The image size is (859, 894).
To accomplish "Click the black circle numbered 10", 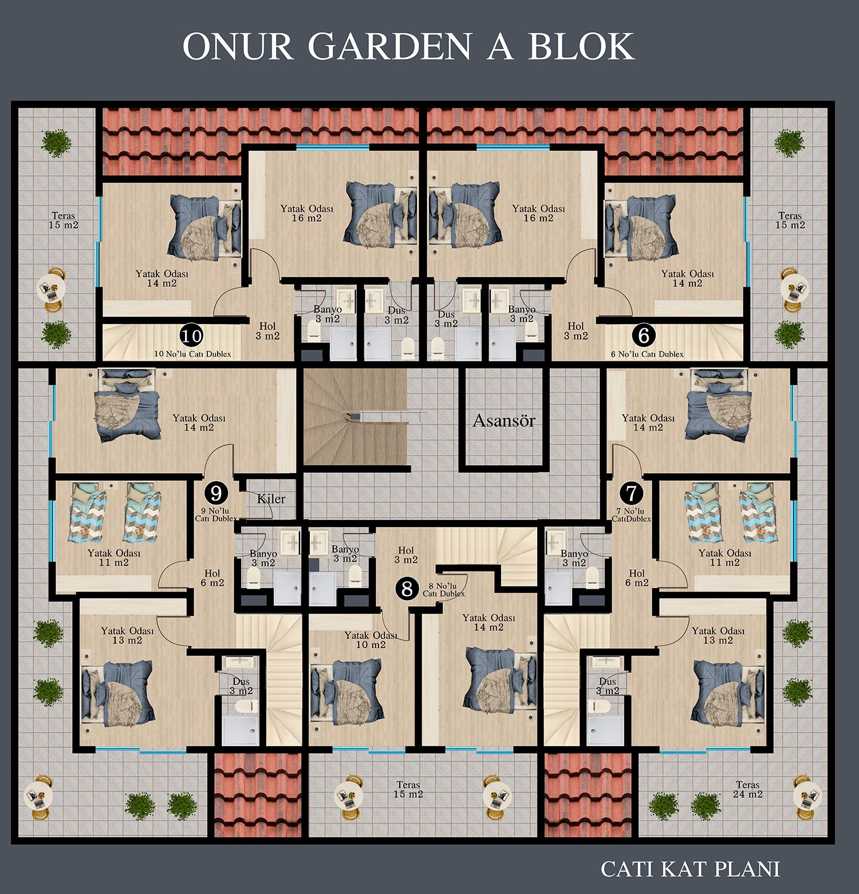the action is pyautogui.click(x=191, y=336).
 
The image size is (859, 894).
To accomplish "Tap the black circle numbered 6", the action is pyautogui.click(x=644, y=335).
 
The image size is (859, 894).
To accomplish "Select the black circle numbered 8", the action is pyautogui.click(x=407, y=589).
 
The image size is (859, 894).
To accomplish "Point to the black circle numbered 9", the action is pyautogui.click(x=216, y=493).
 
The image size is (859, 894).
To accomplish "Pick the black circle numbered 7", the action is pyautogui.click(x=631, y=493).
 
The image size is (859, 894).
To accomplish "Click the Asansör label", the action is pyautogui.click(x=504, y=421).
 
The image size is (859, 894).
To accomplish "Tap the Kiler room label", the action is pyautogui.click(x=271, y=499).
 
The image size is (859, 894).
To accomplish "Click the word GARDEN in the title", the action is pyautogui.click(x=389, y=46).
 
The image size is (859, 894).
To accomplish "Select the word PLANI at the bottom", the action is pyautogui.click(x=748, y=869).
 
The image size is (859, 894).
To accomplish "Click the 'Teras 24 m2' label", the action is pyautogui.click(x=748, y=789).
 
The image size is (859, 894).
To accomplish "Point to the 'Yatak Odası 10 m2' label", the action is pyautogui.click(x=371, y=640).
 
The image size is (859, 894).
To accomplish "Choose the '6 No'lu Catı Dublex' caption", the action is pyautogui.click(x=647, y=355).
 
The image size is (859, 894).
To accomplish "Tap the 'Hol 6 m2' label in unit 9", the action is pyautogui.click(x=212, y=578).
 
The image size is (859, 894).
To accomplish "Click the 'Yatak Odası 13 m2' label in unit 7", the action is pyautogui.click(x=718, y=635).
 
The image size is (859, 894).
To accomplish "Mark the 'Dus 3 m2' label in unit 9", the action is pyautogui.click(x=241, y=686).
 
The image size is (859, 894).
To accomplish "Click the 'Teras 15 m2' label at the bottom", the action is pyautogui.click(x=408, y=789).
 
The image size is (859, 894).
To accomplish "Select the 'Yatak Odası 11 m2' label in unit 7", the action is pyautogui.click(x=725, y=558).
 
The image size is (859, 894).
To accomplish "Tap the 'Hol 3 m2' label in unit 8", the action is pyautogui.click(x=406, y=555).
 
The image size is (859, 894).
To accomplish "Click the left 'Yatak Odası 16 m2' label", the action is pyautogui.click(x=307, y=213).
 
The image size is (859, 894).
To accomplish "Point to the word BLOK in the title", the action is pyautogui.click(x=581, y=46).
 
